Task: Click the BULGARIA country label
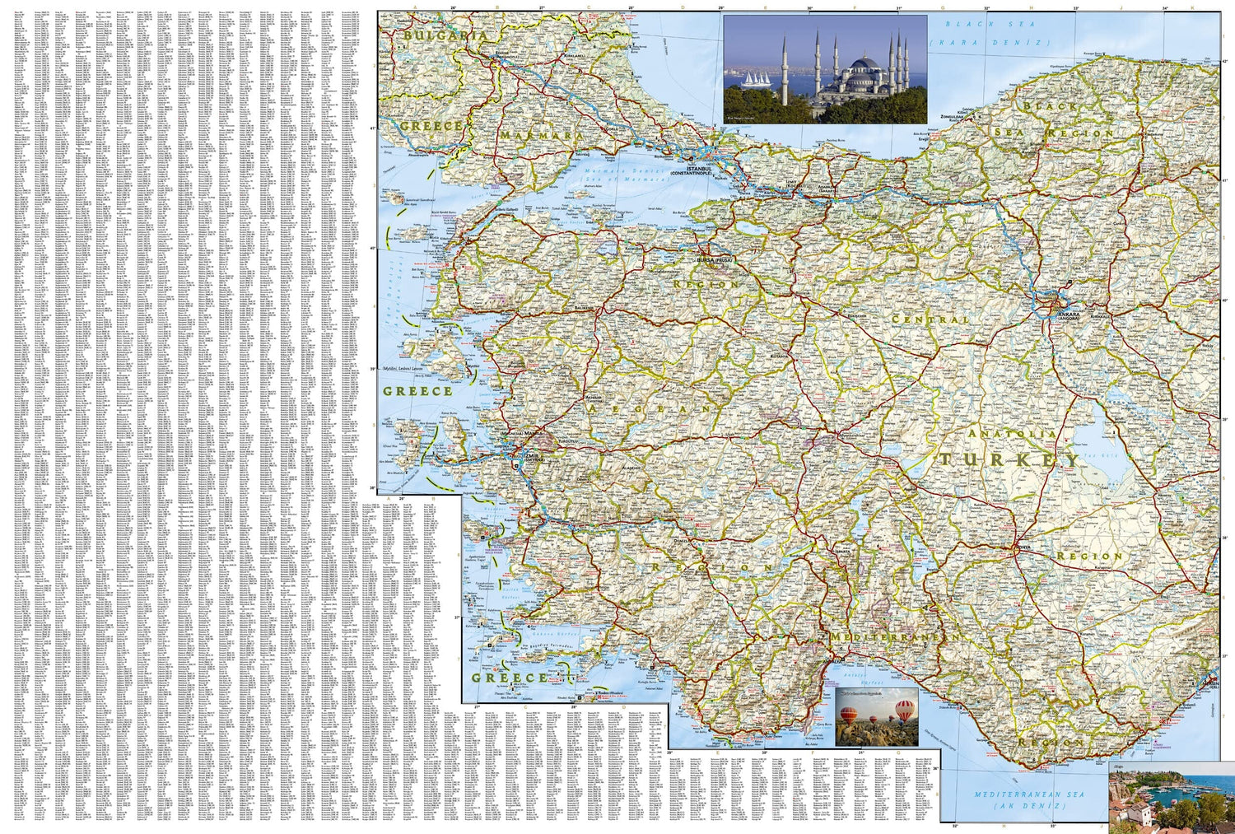(x=440, y=37)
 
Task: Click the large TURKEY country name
(x=1009, y=459)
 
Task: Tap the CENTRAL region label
(x=931, y=319)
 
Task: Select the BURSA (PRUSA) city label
(x=714, y=260)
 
